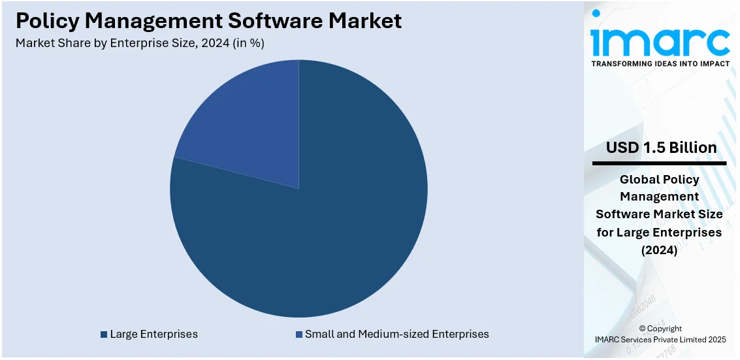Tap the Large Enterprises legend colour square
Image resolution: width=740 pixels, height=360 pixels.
click(104, 335)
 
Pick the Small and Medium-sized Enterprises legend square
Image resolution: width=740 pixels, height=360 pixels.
click(299, 335)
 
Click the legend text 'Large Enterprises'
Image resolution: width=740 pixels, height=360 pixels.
click(153, 335)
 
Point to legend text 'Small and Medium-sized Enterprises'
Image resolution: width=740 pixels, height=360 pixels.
click(396, 335)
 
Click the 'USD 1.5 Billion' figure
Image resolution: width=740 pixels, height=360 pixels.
click(661, 148)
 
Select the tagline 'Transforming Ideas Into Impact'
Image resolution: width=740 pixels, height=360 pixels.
click(660, 64)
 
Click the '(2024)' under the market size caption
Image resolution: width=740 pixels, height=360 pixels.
click(660, 250)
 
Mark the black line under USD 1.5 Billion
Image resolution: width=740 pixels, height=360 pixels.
click(660, 163)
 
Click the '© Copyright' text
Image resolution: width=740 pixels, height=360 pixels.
click(660, 329)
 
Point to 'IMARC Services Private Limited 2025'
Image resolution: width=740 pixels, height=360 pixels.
click(660, 339)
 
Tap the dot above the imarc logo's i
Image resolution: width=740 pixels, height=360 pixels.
click(596, 13)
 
